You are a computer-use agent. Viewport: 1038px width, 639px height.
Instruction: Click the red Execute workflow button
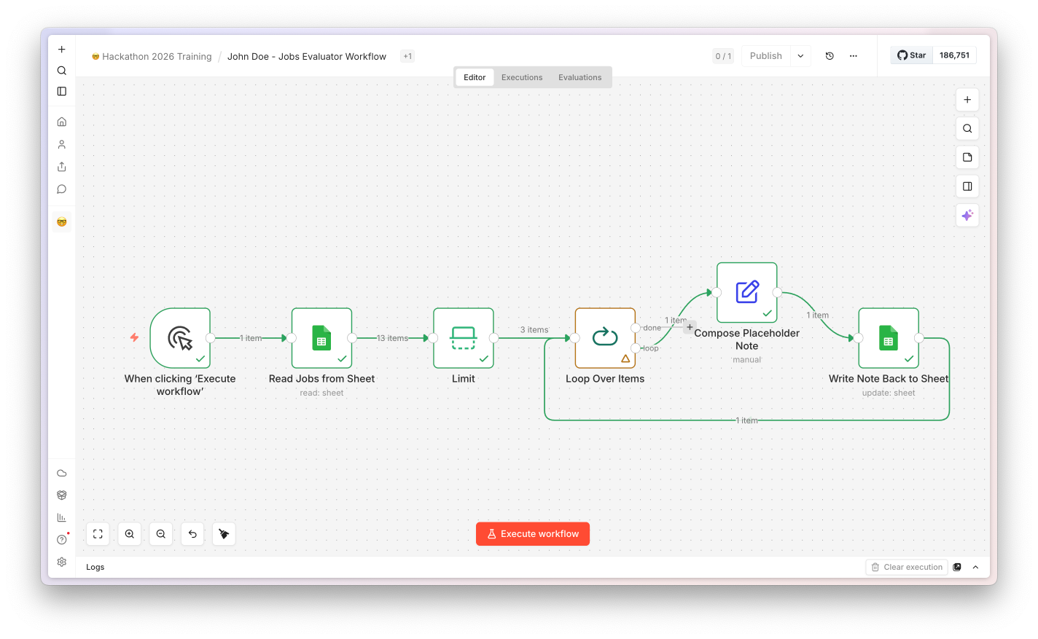coord(532,534)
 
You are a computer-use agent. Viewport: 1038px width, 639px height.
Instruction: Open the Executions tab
coord(522,77)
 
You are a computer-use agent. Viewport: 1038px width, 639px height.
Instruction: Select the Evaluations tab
coord(580,77)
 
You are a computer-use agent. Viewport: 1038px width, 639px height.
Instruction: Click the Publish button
coord(765,56)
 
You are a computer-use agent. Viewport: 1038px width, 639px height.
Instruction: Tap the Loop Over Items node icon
coord(605,337)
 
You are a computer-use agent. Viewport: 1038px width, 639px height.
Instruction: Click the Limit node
coord(464,337)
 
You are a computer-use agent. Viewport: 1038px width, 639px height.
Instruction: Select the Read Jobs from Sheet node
coord(321,337)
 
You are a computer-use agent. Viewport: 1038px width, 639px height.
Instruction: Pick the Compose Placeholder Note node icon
coord(746,292)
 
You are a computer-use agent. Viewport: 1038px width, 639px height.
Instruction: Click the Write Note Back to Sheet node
coord(889,337)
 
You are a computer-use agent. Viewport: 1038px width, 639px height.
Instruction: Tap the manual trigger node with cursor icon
coord(180,337)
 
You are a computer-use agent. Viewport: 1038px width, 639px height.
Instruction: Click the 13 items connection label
coord(392,338)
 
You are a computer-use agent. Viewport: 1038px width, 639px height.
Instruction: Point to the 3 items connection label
coord(534,329)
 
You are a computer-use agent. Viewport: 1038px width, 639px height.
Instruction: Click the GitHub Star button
coord(911,55)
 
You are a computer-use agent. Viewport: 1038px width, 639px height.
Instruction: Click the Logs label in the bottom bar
coord(95,567)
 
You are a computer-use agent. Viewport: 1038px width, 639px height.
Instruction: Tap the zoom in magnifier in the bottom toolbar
coord(129,534)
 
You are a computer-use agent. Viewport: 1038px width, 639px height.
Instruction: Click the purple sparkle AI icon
coord(967,216)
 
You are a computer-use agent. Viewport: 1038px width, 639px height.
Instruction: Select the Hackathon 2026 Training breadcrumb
coord(157,57)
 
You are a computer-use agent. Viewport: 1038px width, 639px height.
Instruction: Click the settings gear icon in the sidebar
coord(62,562)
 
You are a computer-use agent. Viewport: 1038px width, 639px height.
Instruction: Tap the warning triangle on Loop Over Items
coord(625,358)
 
